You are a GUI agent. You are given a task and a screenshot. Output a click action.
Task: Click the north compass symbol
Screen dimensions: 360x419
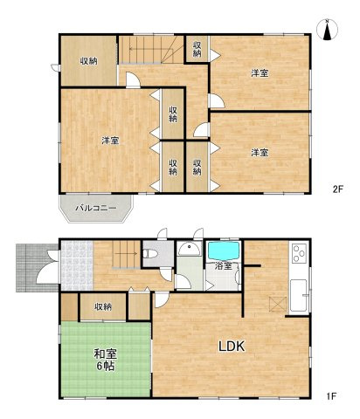click(327, 30)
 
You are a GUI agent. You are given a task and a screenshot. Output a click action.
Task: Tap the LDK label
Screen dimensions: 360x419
click(232, 347)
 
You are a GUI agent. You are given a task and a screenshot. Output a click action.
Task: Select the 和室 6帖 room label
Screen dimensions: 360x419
click(105, 360)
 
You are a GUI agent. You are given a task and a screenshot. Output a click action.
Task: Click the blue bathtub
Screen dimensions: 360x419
click(224, 251)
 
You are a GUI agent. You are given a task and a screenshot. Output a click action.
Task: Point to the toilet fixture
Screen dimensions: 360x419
click(150, 253)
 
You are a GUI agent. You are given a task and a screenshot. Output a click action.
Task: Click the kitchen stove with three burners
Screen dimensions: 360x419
click(300, 253)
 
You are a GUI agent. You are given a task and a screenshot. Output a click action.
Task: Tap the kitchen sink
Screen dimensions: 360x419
click(299, 296)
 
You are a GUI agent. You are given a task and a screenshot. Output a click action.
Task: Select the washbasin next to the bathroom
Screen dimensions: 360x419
click(190, 249)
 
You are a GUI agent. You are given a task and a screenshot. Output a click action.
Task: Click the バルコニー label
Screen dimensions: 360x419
click(96, 208)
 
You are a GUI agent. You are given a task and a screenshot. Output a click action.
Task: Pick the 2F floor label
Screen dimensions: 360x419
click(338, 189)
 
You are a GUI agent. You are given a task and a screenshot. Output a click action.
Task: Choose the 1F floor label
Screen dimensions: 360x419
click(331, 396)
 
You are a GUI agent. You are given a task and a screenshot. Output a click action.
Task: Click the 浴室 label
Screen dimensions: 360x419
click(224, 266)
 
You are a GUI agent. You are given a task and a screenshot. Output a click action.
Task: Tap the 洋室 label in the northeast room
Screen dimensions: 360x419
click(260, 73)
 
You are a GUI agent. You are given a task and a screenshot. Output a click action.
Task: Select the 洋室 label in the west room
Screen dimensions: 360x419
click(110, 141)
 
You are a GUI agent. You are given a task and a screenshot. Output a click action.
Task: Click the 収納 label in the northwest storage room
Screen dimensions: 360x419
click(89, 61)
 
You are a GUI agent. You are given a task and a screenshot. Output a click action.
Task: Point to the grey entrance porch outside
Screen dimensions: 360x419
click(38, 268)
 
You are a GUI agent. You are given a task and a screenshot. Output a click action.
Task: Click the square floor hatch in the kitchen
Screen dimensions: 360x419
click(278, 305)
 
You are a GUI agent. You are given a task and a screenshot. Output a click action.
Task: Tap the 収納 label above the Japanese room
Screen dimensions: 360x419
click(103, 306)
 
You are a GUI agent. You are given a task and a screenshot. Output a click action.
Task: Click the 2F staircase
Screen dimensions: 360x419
click(151, 49)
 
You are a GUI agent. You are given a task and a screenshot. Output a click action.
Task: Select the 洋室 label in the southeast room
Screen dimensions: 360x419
click(260, 152)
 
